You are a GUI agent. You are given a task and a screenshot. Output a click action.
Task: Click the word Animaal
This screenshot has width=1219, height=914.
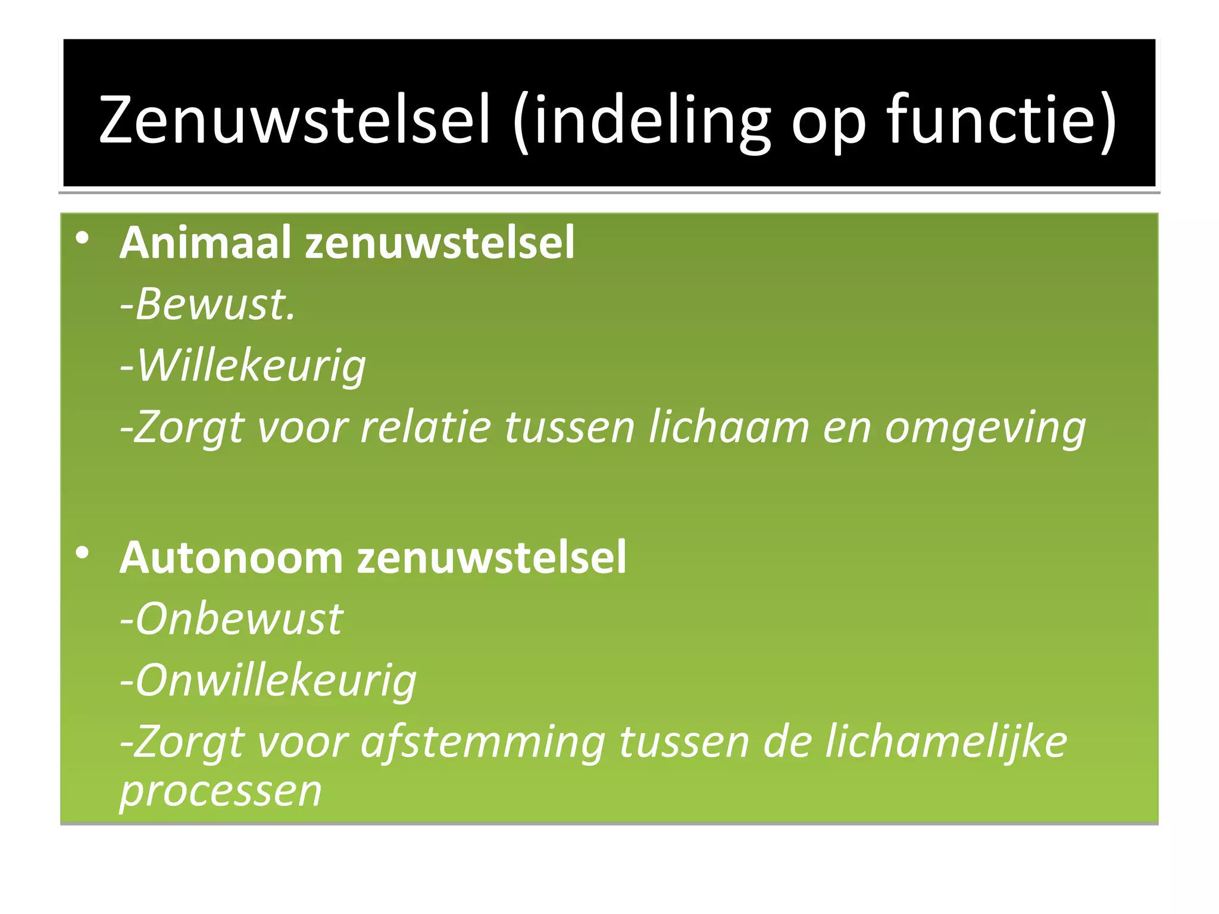coord(205,242)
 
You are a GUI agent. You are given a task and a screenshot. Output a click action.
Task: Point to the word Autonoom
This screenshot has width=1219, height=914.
coord(232,558)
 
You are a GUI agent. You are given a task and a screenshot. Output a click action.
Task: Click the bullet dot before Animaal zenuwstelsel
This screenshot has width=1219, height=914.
coord(82,239)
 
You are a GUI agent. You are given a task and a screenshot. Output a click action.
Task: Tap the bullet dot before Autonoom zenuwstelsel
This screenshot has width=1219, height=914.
coord(82,553)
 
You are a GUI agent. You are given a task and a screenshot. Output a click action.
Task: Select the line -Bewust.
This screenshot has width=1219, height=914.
coord(207,304)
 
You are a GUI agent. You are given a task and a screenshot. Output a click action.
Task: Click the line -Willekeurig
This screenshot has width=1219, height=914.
coord(243,366)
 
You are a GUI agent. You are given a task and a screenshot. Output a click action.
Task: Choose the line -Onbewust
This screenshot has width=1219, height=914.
coord(232,619)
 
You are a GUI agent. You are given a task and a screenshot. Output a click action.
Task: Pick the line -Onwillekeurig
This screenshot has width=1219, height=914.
coord(268,681)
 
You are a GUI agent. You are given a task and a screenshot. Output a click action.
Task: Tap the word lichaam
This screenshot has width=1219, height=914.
coord(729,427)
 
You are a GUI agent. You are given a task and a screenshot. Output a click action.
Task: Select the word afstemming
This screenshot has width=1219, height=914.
coord(483,743)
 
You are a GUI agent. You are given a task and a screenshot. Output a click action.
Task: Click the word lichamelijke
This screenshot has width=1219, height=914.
coord(946,743)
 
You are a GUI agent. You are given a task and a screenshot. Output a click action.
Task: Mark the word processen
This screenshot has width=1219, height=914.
coord(221,791)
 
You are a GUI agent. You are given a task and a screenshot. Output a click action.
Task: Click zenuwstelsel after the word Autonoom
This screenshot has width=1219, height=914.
coord(492,558)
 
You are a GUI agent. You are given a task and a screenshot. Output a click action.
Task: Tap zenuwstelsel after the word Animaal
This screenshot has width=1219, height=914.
coord(440,242)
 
